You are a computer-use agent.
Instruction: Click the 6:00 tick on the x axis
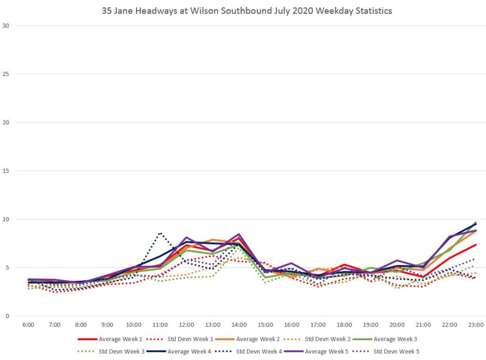point(28,325)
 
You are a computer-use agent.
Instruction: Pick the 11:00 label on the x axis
point(160,325)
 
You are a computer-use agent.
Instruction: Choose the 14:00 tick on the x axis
point(239,325)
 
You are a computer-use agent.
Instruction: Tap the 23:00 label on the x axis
point(476,325)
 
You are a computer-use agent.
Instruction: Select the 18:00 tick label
point(344,325)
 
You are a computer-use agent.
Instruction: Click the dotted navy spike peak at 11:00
point(160,233)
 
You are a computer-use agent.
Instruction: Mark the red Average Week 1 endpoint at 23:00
point(476,245)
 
